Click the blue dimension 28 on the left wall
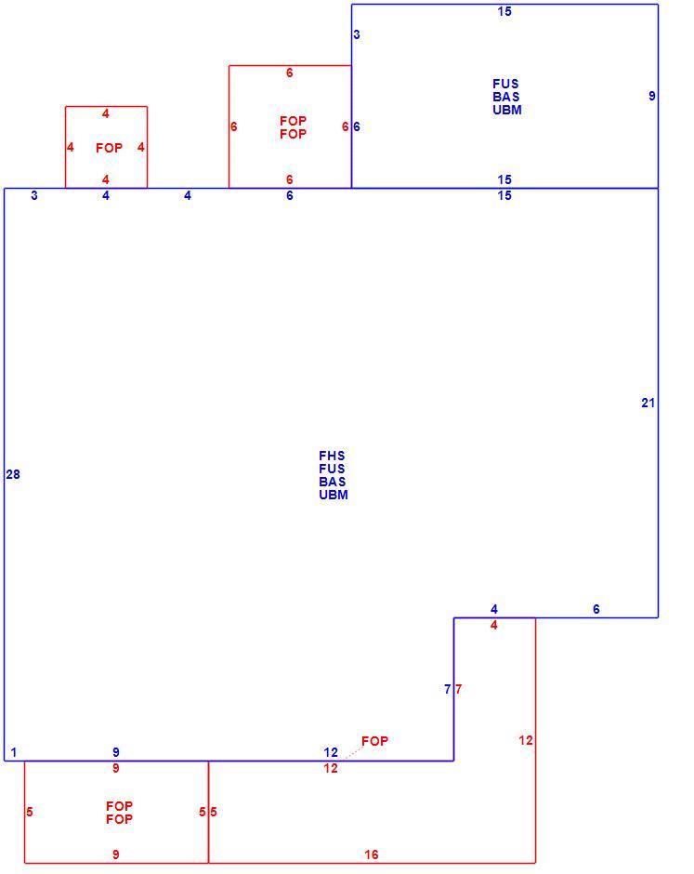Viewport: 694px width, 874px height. click(13, 474)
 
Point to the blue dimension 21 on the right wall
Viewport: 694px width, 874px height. click(648, 403)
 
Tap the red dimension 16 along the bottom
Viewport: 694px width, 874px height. click(372, 854)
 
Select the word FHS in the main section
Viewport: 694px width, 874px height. click(332, 456)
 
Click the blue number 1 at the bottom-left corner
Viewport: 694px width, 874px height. click(14, 752)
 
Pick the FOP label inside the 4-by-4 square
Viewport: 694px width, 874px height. click(110, 148)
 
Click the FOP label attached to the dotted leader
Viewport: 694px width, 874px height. click(374, 741)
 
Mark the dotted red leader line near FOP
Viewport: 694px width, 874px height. click(352, 752)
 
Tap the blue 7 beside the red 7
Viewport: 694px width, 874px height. click(447, 690)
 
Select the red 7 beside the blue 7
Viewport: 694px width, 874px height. click(458, 690)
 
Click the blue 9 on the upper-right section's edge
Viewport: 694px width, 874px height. click(651, 96)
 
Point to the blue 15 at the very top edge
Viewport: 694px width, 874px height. click(504, 12)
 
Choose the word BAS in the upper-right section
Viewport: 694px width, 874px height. click(506, 97)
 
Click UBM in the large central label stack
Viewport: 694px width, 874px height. click(334, 495)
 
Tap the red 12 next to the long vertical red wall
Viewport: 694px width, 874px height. click(526, 740)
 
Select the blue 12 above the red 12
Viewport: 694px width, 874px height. click(331, 752)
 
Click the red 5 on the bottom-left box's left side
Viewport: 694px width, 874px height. click(30, 812)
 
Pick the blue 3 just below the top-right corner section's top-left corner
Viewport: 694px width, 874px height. click(357, 34)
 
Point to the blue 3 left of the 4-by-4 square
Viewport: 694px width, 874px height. click(34, 195)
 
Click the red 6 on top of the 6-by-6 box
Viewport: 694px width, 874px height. click(290, 73)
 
